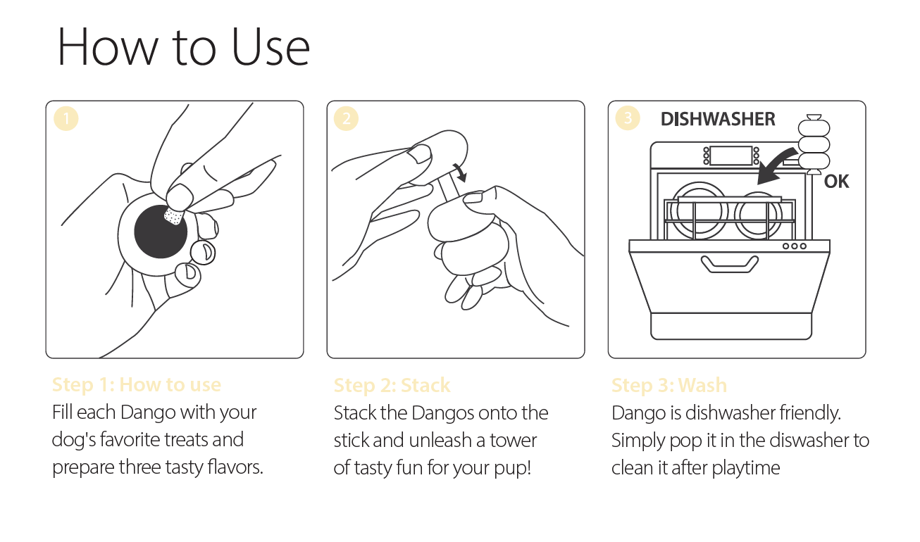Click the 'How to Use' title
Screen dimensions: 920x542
(x=184, y=46)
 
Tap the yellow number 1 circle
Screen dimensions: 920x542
(x=66, y=118)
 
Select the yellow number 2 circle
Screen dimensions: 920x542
(x=346, y=118)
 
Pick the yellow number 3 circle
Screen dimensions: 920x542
(x=627, y=118)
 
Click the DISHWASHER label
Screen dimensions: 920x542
(x=718, y=119)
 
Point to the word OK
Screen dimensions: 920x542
(x=836, y=182)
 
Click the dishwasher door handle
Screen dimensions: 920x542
(x=729, y=264)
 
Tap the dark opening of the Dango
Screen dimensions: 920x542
(x=160, y=232)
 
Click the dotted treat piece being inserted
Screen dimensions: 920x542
(x=173, y=216)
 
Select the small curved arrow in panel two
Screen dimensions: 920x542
(x=461, y=172)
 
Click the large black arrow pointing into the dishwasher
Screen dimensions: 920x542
(x=776, y=166)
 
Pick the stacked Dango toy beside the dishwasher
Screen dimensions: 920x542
(x=814, y=144)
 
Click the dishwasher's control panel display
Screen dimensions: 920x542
(x=731, y=156)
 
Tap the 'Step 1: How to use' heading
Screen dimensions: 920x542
(x=137, y=385)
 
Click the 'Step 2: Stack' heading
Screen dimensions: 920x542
(x=392, y=385)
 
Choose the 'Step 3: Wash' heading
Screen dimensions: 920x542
(x=669, y=385)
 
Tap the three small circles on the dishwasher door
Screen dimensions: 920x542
(x=795, y=246)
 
